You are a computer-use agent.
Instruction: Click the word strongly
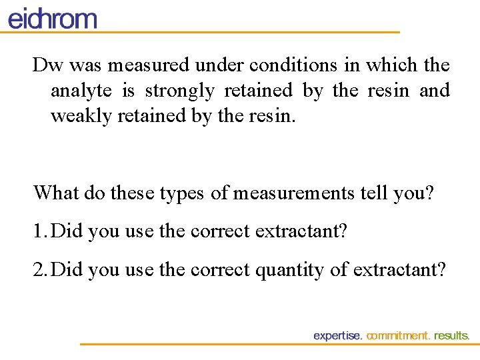coord(179,91)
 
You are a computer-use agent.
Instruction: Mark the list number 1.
coord(39,231)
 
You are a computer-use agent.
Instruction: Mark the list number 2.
coord(39,270)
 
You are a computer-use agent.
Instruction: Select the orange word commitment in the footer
coord(398,336)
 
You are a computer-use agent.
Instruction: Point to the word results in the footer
coord(451,336)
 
